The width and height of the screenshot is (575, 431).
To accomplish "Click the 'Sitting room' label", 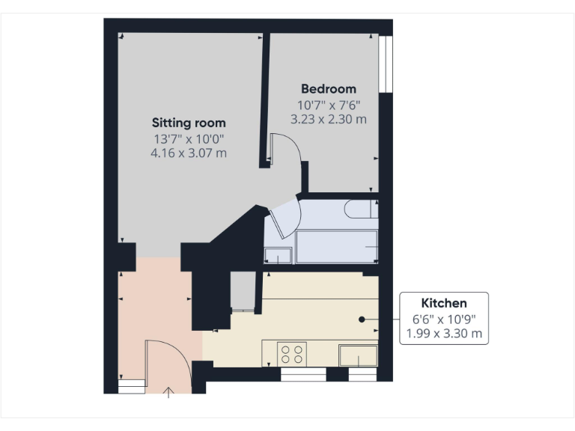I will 189,122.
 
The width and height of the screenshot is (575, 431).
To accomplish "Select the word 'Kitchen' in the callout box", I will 444,303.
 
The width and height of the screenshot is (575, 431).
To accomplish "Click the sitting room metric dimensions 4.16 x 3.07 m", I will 189,153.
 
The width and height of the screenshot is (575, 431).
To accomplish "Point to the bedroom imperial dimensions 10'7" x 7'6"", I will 328,104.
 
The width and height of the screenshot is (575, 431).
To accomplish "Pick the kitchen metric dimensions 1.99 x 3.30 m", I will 444,333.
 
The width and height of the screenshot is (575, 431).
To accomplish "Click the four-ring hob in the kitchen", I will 291,353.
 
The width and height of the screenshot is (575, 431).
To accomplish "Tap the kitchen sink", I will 358,355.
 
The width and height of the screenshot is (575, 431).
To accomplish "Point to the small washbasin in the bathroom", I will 278,255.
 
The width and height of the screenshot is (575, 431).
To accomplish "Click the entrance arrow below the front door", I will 168,391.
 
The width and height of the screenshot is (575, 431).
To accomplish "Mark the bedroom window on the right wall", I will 386,64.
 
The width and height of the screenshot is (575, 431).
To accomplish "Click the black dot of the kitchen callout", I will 362,319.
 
